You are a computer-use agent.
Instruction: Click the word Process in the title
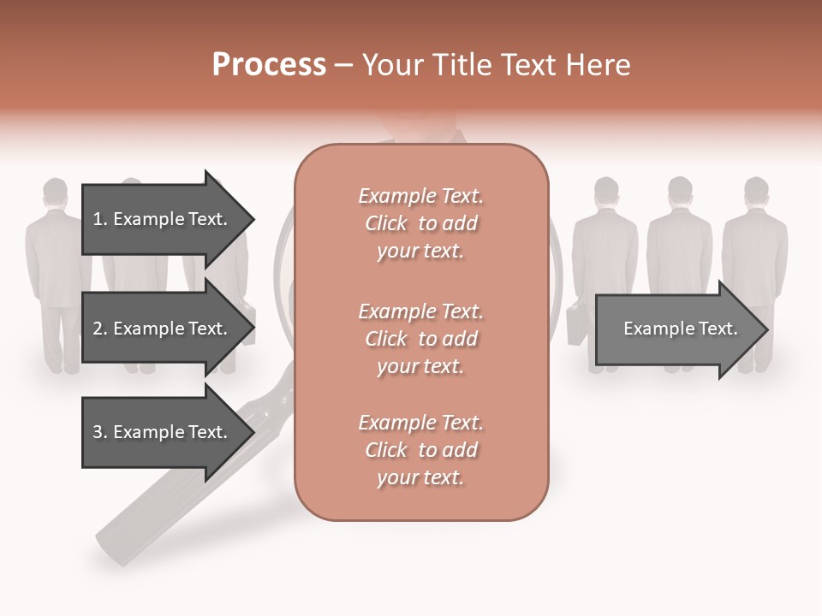tap(269, 65)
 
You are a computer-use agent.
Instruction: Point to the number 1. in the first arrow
tap(99, 219)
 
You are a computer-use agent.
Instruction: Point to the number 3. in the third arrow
tap(99, 432)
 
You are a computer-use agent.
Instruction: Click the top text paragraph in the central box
tap(420, 223)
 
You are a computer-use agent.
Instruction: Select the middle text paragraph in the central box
tap(420, 339)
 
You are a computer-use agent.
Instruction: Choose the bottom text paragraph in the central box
tap(420, 450)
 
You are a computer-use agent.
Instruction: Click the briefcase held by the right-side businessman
tap(576, 321)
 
